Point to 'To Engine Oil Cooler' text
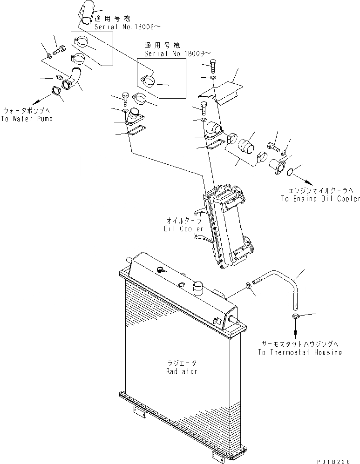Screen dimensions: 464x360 coord(320,199)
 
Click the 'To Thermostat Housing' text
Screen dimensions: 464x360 coord(299,352)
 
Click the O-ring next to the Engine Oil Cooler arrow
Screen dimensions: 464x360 coord(290,173)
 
